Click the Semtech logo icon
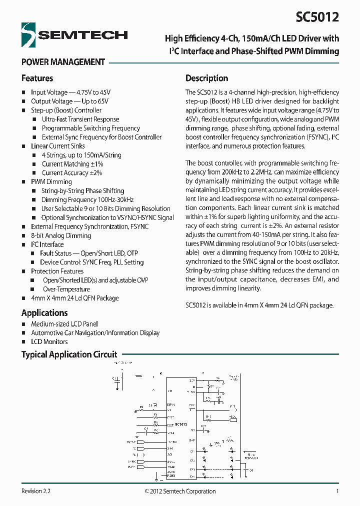pyautogui.click(x=29, y=35)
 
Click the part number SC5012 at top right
pyautogui.click(x=317, y=17)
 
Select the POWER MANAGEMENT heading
pyautogui.click(x=63, y=62)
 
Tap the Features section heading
pyautogui.click(x=37, y=78)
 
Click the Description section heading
pyautogui.click(x=206, y=78)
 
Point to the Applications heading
pyautogui.click(x=44, y=313)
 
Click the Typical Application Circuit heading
pyautogui.click(x=69, y=354)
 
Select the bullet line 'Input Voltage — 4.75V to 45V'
pyautogui.click(x=70, y=92)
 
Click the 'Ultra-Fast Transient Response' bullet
pyautogui.click(x=80, y=119)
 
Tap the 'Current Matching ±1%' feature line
pyautogui.click(x=72, y=164)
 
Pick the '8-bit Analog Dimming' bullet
pyautogui.click(x=61, y=235)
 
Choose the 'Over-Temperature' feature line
pyautogui.click(x=66, y=289)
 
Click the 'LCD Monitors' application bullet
pyautogui.click(x=49, y=342)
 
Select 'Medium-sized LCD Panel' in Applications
pyautogui.click(x=64, y=324)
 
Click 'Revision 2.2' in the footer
pyautogui.click(x=36, y=491)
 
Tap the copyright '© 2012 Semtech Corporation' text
pyautogui.click(x=180, y=491)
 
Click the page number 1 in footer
pyautogui.click(x=337, y=491)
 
